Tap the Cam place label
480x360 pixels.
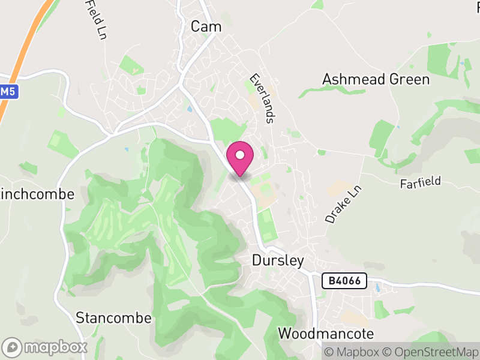[x=206, y=26]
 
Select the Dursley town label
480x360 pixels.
[x=278, y=261]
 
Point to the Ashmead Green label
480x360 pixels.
[x=376, y=79]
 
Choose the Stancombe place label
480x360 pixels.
[x=114, y=317]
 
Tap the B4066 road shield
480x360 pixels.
[x=344, y=281]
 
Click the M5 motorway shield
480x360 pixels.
[x=7, y=92]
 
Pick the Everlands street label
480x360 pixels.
[x=262, y=99]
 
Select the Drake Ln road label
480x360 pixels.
[x=337, y=205]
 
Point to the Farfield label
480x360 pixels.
[x=421, y=182]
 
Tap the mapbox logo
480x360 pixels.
[x=46, y=347]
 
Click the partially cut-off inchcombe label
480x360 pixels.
[x=37, y=194]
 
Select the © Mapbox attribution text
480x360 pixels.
[x=354, y=351]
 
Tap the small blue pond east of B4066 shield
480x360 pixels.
[x=377, y=288]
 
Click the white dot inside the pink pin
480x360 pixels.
[x=240, y=155]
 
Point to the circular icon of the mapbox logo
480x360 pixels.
[x=13, y=347]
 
